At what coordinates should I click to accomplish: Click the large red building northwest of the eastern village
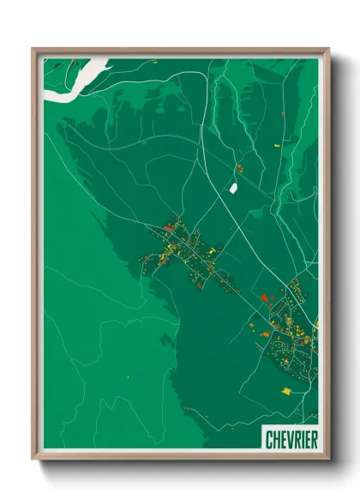[265, 297]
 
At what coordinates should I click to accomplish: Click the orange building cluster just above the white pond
[239, 167]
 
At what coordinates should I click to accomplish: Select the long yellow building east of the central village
[212, 249]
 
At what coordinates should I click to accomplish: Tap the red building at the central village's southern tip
[201, 285]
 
